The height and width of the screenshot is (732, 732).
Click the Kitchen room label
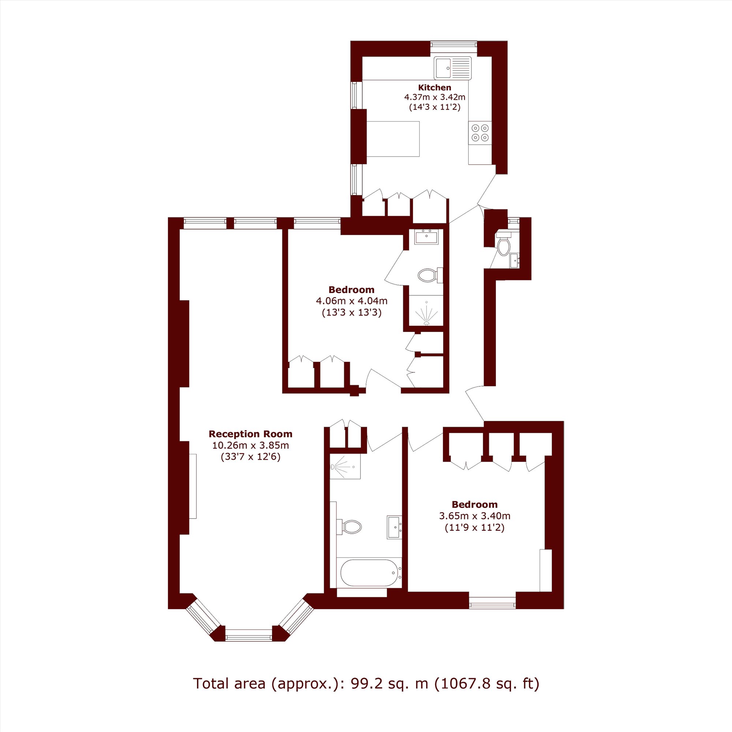pyautogui.click(x=434, y=87)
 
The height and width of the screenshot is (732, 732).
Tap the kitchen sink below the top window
pyautogui.click(x=453, y=68)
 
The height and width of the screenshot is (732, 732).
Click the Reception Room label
pyautogui.click(x=250, y=434)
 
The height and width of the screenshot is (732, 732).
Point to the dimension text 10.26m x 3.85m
pyautogui.click(x=250, y=445)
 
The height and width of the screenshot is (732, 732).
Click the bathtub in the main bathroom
pyautogui.click(x=369, y=573)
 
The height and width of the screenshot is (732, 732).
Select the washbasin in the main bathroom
pyautogui.click(x=394, y=527)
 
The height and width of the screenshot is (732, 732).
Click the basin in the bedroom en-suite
pyautogui.click(x=426, y=237)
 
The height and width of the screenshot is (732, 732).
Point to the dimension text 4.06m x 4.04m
pyautogui.click(x=352, y=301)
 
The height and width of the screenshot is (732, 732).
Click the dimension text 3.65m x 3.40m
pyautogui.click(x=475, y=516)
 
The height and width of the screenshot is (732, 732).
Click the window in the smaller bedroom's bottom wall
pyautogui.click(x=493, y=602)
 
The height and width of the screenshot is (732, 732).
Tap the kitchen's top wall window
pyautogui.click(x=453, y=45)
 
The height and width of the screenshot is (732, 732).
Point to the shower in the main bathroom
pyautogui.click(x=345, y=466)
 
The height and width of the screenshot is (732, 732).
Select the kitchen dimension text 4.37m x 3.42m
pyautogui.click(x=434, y=97)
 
